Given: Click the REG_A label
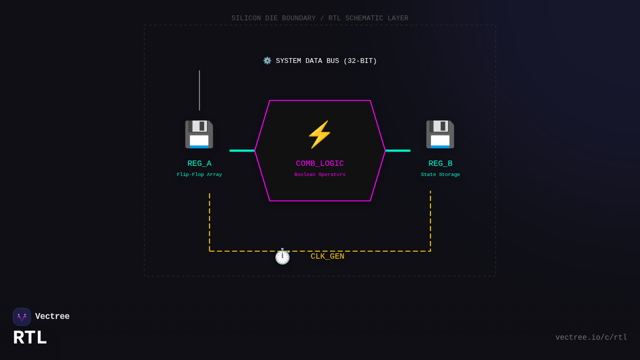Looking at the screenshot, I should tap(199, 164).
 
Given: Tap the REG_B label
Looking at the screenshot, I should tap(441, 164).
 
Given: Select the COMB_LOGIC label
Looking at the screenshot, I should tap(320, 164).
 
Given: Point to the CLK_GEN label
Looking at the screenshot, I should tap(327, 257).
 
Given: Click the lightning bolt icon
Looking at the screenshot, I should tap(319, 134).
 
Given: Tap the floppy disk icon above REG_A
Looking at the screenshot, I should tap(199, 134).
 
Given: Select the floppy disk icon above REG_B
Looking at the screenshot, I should tap(440, 134).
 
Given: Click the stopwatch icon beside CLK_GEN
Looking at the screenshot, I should tap(282, 256).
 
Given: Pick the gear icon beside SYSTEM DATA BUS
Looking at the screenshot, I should tap(267, 61).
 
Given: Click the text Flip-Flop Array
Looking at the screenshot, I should tap(199, 174).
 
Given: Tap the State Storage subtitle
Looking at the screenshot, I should tap(441, 174).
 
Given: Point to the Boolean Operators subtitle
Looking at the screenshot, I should tap(320, 174).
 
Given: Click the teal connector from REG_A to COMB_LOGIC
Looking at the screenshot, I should tap(242, 150).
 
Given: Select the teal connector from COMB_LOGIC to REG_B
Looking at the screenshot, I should tap(398, 150).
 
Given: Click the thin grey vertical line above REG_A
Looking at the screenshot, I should tap(199, 90).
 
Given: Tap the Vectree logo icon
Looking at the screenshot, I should tap(22, 317).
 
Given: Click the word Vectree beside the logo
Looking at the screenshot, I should tap(52, 317).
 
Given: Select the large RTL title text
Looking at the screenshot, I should tap(30, 338).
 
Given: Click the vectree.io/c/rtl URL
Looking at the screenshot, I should tap(591, 338).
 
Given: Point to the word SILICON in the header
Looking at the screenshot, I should tap(246, 18).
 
